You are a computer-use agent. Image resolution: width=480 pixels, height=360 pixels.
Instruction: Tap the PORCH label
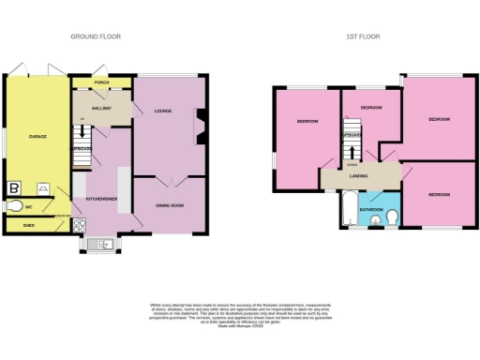[x=101, y=82]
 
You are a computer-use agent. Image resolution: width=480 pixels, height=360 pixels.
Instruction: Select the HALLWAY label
[x=101, y=109]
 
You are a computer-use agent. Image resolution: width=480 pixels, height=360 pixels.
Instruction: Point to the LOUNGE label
[x=163, y=112]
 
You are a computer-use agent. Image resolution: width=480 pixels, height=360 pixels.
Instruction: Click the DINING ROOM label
[x=170, y=204]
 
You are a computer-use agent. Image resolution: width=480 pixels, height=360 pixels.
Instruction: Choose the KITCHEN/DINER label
[x=100, y=198]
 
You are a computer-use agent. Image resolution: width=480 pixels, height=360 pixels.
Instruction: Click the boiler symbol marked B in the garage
[x=15, y=187]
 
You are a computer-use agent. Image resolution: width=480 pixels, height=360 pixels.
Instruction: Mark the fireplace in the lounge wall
[x=198, y=126]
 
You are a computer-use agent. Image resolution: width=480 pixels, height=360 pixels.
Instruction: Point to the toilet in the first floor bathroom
[x=392, y=218]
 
